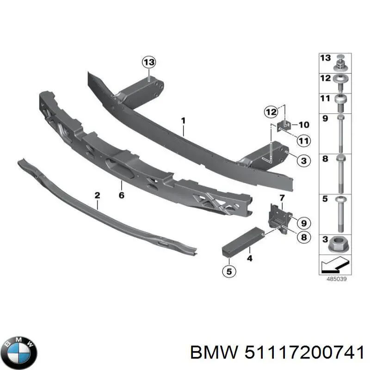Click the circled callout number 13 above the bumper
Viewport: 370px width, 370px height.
tap(149, 62)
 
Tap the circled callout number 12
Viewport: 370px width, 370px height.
tap(271, 111)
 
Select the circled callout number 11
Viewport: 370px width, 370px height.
tap(303, 141)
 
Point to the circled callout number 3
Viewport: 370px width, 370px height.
tap(303, 160)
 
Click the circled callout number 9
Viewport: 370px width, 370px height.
tap(304, 223)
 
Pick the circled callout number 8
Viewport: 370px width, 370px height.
tap(304, 237)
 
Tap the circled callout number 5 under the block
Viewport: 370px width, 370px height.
tap(229, 271)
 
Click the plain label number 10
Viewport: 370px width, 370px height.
tap(304, 124)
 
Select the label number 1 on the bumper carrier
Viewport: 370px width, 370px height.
tap(183, 121)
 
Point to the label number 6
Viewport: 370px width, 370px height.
tap(121, 195)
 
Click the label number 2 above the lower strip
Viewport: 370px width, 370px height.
tap(97, 195)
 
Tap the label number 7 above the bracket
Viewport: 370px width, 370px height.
tap(282, 198)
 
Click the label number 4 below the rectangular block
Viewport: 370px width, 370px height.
tap(250, 259)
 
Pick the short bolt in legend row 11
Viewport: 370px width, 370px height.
tap(340, 103)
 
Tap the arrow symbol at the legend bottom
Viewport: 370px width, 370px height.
tap(334, 265)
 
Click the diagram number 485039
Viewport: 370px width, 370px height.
tap(336, 279)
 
